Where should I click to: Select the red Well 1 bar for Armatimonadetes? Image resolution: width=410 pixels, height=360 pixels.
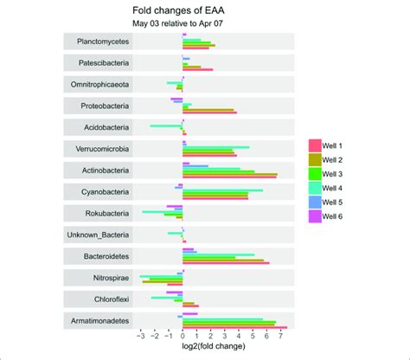tap(234, 327)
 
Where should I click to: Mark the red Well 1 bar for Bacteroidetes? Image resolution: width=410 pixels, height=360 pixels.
tap(226, 263)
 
